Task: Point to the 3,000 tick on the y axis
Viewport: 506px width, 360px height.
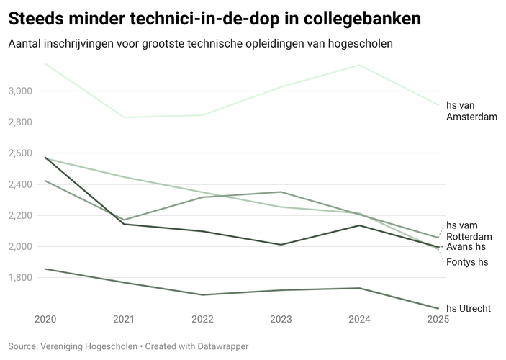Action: pos(20,91)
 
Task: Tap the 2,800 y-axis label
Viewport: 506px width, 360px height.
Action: pos(20,122)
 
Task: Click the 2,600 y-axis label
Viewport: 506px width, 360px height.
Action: pos(20,153)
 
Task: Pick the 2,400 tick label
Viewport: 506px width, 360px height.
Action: pos(20,184)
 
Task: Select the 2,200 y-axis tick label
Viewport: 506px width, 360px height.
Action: pos(20,215)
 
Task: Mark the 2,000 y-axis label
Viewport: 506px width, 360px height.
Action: pos(20,246)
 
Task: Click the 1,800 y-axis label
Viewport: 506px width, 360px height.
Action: pos(20,278)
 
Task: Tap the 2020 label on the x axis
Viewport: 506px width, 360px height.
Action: pos(45,318)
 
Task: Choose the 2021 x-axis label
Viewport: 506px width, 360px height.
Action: pos(124,318)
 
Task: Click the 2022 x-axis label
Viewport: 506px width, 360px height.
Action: pos(202,318)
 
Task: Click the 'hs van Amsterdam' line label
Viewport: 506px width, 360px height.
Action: pos(471,111)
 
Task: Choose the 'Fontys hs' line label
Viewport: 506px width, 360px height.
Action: pos(467,262)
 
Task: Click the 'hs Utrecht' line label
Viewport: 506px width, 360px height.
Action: pos(469,309)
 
